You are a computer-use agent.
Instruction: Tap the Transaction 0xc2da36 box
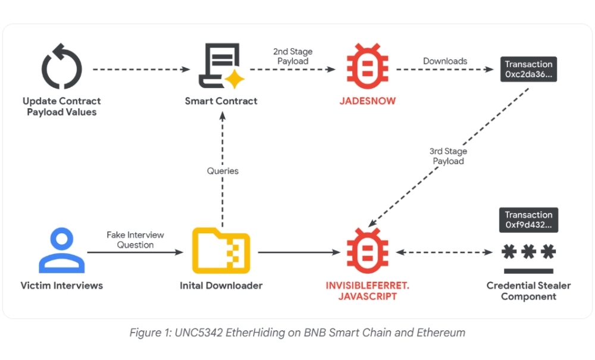(x=528, y=69)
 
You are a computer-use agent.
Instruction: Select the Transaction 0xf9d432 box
(x=528, y=220)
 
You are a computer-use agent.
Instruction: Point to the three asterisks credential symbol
(x=528, y=253)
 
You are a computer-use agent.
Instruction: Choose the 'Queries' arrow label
(x=223, y=171)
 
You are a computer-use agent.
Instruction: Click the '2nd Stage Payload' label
(x=292, y=57)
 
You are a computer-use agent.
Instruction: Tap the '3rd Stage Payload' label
(x=448, y=156)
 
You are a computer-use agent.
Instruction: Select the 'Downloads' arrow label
(x=445, y=61)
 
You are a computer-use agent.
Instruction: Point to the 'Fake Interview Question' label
(x=136, y=240)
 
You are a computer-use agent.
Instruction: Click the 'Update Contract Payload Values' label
(x=62, y=107)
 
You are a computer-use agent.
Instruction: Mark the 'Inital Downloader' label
(x=221, y=286)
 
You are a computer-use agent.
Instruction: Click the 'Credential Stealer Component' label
(x=528, y=291)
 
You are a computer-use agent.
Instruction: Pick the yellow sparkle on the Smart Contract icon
(x=234, y=79)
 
